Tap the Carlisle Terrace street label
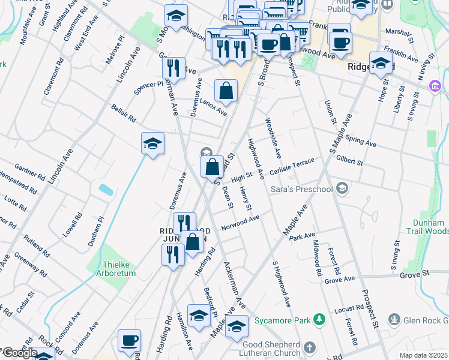(x=292, y=166)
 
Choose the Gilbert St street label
(x=350, y=161)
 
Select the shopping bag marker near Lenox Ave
(x=226, y=91)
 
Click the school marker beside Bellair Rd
(x=152, y=144)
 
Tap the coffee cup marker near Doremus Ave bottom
(x=129, y=341)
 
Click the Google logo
(x=19, y=353)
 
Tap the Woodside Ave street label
(x=273, y=137)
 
